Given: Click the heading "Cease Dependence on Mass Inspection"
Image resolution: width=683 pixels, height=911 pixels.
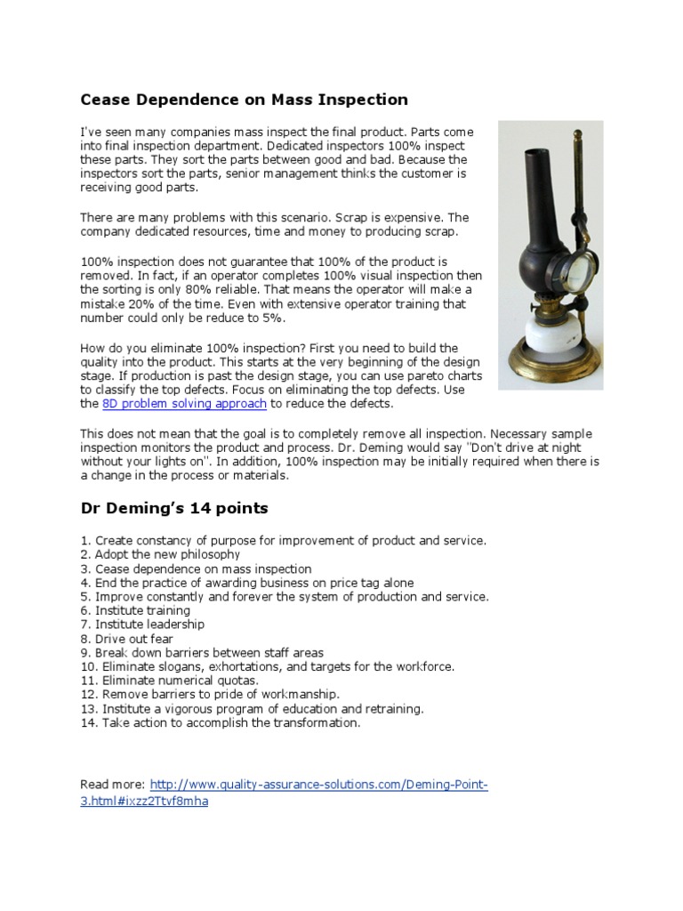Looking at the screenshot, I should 244,100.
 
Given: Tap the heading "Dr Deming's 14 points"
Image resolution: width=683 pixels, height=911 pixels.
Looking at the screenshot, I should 173,509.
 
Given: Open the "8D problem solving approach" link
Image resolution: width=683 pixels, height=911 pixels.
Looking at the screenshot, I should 184,404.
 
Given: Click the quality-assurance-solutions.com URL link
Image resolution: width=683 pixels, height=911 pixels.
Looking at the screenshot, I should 319,785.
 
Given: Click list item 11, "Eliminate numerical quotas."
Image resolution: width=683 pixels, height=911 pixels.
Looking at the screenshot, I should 165,681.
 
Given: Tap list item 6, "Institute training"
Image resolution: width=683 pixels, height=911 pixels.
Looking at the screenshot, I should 135,610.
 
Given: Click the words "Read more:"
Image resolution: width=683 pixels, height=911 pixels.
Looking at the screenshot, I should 112,785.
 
